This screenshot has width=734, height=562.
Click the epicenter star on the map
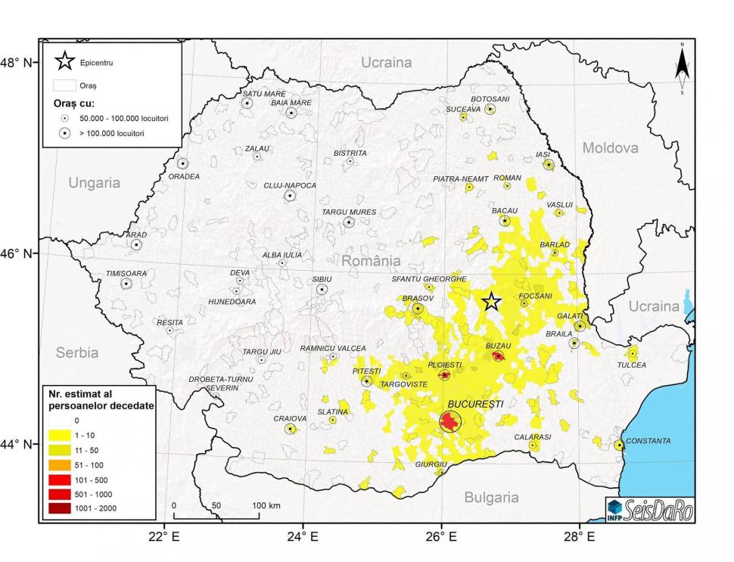(x=492, y=302)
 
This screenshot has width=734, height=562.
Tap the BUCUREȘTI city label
(x=475, y=405)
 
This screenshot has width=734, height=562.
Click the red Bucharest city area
(x=450, y=421)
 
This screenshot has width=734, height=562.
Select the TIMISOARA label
(x=126, y=273)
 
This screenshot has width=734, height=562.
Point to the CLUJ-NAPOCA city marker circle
(x=290, y=196)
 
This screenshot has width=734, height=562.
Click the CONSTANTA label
(x=648, y=440)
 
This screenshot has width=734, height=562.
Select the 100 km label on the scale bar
(x=266, y=505)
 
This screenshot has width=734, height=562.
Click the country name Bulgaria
(x=491, y=497)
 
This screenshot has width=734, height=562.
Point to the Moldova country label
(x=610, y=147)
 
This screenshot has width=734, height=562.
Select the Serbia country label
(x=77, y=352)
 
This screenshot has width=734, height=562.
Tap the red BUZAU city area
(x=498, y=356)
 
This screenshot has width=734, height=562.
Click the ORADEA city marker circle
(x=182, y=163)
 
